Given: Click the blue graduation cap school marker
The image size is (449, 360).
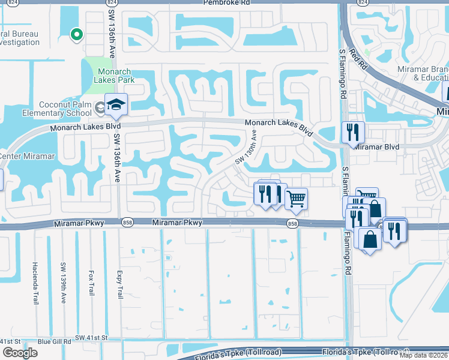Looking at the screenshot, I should pos(115,106).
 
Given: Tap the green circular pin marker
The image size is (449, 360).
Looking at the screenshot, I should pos(76,35).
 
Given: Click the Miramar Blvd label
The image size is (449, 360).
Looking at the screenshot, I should pos(376,146).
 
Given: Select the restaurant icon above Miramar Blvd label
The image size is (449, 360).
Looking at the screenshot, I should pos(353,131).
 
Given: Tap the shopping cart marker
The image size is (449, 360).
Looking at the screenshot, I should pos(296,198).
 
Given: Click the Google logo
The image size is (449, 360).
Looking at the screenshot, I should pos(20,353).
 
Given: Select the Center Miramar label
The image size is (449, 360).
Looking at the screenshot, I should pos(27,157).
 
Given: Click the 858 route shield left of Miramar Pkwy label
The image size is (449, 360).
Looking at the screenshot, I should pos(128,223).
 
